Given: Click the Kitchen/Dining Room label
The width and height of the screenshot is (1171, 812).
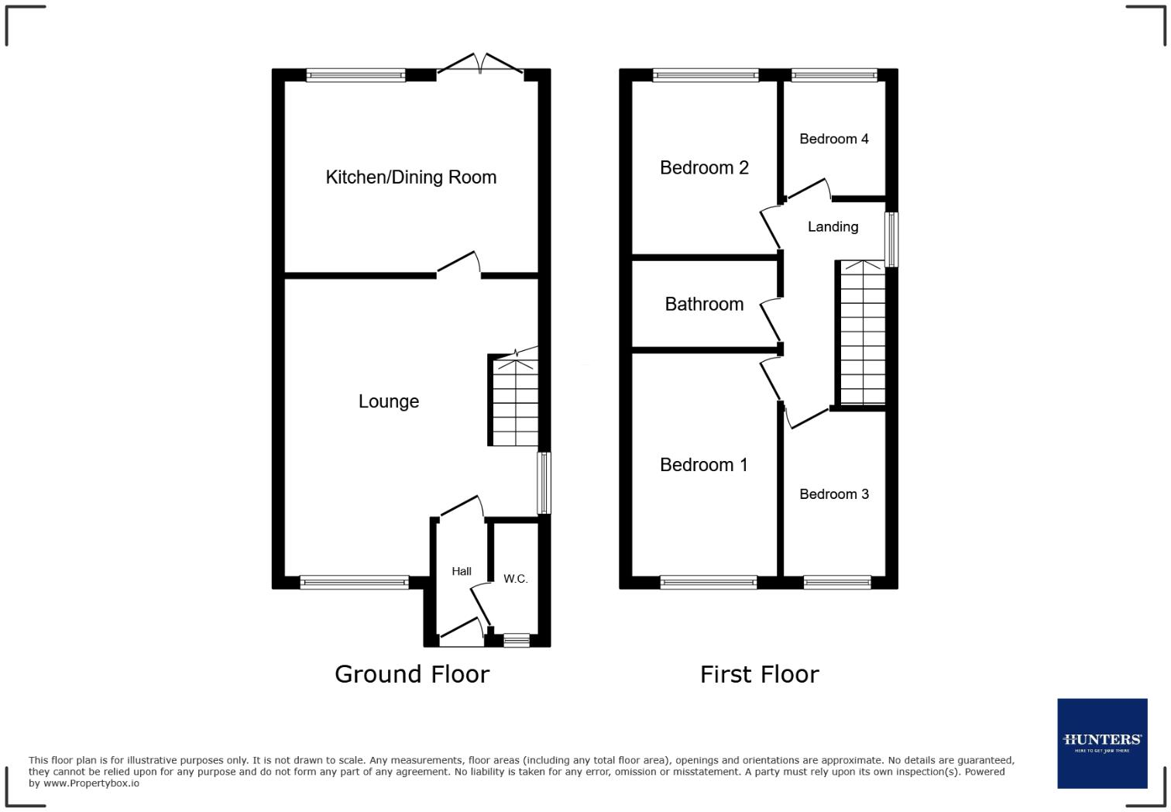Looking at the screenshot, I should [410, 177].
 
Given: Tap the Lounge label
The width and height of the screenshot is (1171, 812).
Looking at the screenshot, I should [389, 401].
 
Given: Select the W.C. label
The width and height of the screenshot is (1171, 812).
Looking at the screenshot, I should [516, 579].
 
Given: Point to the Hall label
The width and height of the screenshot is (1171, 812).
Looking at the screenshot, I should [462, 571].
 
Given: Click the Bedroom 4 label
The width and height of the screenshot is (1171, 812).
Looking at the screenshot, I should [834, 139].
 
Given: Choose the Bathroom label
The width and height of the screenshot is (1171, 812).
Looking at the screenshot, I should [704, 304].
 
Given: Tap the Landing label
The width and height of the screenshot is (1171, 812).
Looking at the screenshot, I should [833, 227].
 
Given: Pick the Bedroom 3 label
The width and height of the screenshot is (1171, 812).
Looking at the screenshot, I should [834, 494].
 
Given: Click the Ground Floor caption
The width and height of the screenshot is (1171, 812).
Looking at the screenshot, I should [412, 674].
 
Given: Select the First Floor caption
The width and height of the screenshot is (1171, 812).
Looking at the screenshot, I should [759, 674].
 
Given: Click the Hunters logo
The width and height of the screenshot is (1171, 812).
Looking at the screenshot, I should [1102, 743].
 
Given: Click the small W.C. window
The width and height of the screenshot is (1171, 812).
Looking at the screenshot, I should [517, 640].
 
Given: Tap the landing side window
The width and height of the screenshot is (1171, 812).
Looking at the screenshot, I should [891, 239].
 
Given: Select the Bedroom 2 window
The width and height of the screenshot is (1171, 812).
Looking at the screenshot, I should [706, 75].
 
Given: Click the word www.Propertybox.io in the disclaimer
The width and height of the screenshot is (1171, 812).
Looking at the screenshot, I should [91, 783].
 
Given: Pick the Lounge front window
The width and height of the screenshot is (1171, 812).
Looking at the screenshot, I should [354, 582].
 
